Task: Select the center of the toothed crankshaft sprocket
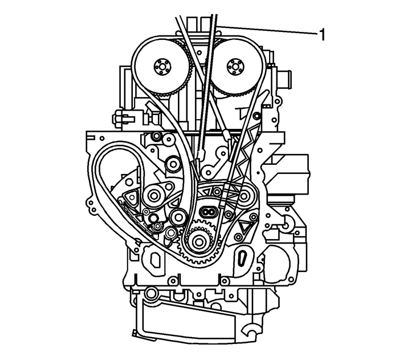tap(199, 241)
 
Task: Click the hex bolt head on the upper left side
tap(118, 118)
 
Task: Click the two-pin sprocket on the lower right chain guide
tap(246, 197)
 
